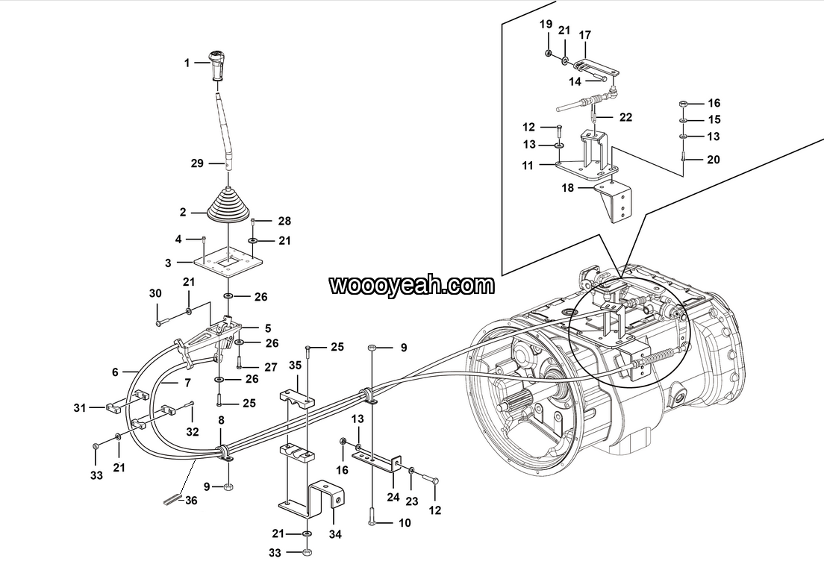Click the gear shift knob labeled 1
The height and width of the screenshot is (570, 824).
point(216,65)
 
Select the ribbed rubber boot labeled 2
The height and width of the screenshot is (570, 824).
point(228,207)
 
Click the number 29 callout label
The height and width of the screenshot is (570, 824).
point(197,163)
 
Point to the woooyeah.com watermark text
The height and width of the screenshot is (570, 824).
point(412,285)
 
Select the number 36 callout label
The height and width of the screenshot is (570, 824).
point(191,501)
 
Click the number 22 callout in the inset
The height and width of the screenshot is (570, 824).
point(625,116)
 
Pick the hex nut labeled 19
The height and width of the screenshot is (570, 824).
point(547,52)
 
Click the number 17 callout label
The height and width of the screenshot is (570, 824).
point(585,34)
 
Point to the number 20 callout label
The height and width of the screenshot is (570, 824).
point(713,159)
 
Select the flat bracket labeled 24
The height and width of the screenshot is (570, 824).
point(378,460)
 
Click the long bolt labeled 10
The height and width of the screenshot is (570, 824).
point(372,516)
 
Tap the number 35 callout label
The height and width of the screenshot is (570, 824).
point(296,365)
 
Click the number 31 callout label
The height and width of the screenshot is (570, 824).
point(79,407)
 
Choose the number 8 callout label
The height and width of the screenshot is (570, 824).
point(221,420)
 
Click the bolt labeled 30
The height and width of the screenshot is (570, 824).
point(160,321)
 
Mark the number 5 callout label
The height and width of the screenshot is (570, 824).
point(268,328)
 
